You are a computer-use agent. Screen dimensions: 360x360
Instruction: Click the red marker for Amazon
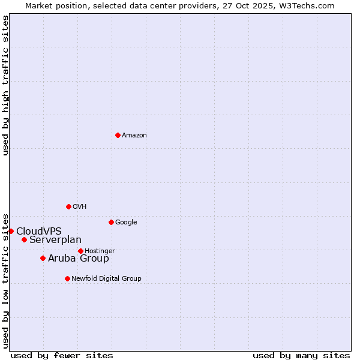(118, 135)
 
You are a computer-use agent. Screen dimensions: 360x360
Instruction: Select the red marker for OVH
(68, 206)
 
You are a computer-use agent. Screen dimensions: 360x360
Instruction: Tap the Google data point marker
(111, 222)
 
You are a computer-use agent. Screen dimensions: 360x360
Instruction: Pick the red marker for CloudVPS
(11, 231)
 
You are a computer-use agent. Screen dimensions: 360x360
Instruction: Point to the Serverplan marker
(24, 239)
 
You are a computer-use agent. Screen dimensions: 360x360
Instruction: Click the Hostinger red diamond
(80, 251)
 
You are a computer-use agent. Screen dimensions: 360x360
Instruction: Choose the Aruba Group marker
(43, 258)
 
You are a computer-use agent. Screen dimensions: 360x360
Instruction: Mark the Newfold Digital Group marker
(67, 278)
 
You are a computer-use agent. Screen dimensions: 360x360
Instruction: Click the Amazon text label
(134, 136)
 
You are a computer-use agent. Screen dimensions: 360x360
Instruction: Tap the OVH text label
(80, 207)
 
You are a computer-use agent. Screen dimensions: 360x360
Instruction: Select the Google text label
(126, 223)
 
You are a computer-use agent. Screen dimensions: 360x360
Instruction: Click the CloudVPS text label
(39, 232)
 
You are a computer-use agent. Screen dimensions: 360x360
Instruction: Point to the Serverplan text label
(55, 240)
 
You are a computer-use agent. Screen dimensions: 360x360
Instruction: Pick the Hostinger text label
(100, 251)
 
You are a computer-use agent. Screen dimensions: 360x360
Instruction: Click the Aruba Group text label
(79, 259)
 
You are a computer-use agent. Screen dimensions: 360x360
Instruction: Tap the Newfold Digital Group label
(106, 279)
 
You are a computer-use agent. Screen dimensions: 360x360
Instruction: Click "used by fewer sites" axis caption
(62, 355)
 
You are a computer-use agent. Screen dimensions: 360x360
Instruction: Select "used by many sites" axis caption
(301, 355)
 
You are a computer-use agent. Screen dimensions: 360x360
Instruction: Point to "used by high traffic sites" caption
(5, 85)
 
